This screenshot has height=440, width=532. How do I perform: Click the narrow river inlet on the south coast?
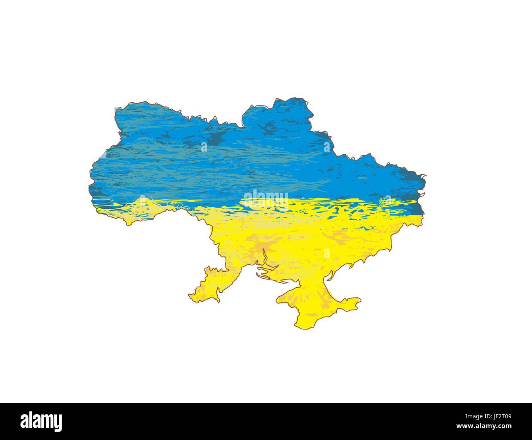[x=265, y=258]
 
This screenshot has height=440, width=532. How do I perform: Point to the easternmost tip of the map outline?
[x=426, y=176]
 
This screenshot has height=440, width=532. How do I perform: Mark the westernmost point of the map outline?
[x=89, y=180]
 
